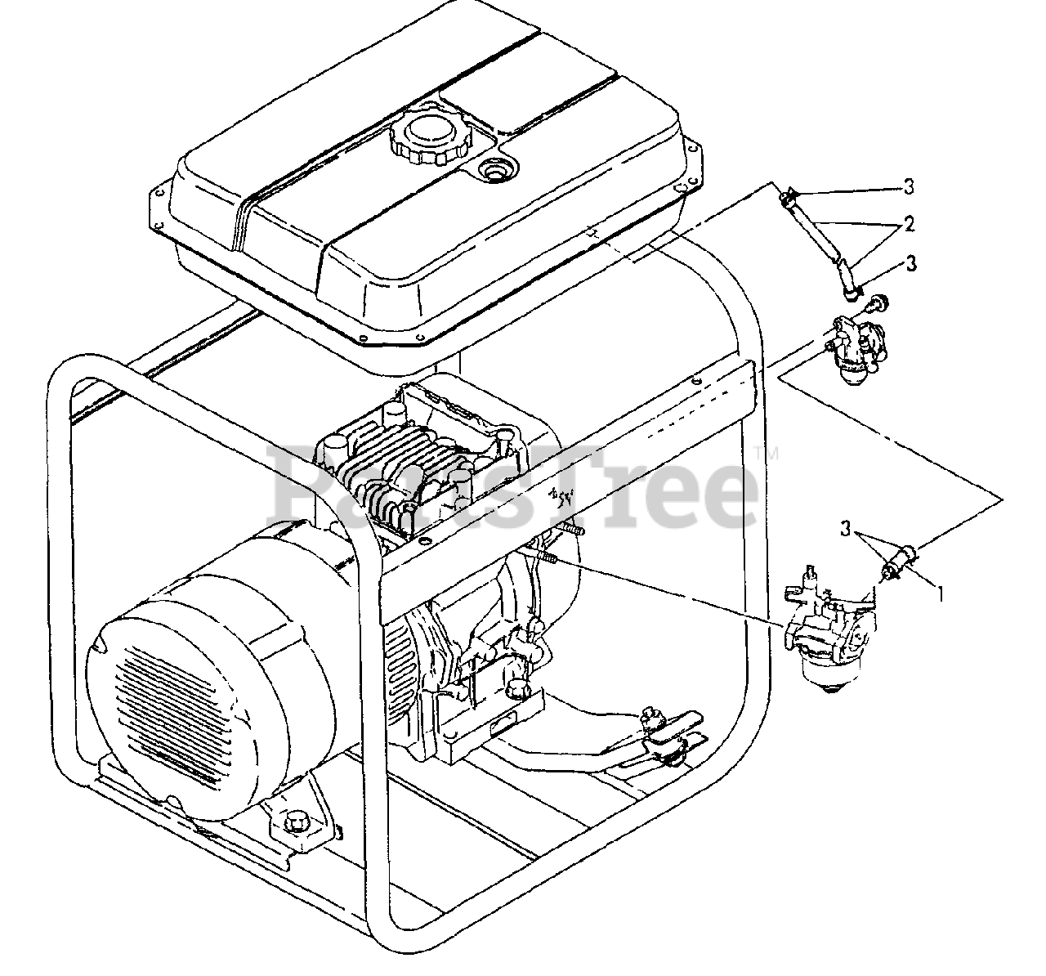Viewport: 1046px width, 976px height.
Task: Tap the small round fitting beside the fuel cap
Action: (494, 171)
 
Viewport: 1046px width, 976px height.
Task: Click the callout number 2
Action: (908, 224)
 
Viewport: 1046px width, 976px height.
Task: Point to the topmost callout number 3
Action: (908, 188)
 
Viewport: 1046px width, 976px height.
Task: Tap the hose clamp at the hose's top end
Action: (789, 198)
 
